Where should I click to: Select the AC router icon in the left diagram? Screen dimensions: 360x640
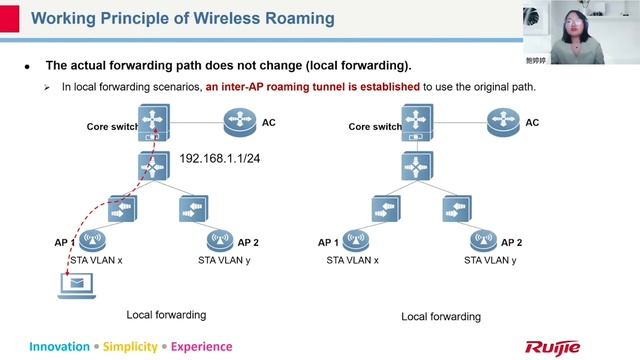239,125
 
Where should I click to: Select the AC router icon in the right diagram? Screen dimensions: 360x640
502,125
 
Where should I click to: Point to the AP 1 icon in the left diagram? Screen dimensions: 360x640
94,241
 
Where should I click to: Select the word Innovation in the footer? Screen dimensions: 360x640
59,347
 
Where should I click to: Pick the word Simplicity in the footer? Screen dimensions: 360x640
130,347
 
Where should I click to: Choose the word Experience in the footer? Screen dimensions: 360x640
201,347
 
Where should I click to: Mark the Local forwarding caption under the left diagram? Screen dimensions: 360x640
166,314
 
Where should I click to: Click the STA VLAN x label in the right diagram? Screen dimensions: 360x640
353,260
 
